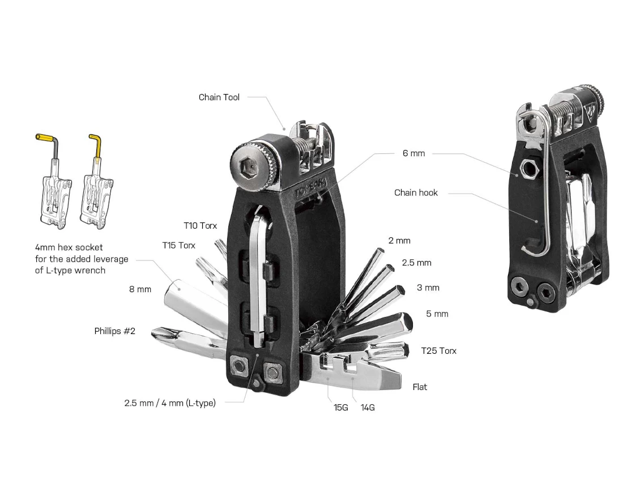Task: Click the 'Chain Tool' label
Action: tap(219, 97)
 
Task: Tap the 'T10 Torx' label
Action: tap(200, 226)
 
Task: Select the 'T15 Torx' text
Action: tap(178, 245)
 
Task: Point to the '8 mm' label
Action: tap(140, 289)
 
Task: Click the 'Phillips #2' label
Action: tap(114, 331)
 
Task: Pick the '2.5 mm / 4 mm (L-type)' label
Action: tap(170, 404)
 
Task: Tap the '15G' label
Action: tap(340, 407)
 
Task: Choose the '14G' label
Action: tap(368, 407)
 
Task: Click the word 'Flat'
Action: tap(420, 387)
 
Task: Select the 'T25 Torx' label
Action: tap(438, 351)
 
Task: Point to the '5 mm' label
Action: tap(437, 314)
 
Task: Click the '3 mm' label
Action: tap(428, 288)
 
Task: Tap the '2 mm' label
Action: tap(399, 241)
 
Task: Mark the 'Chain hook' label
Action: tap(416, 193)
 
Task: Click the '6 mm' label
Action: tap(413, 153)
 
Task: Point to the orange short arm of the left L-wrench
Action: tap(44, 137)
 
